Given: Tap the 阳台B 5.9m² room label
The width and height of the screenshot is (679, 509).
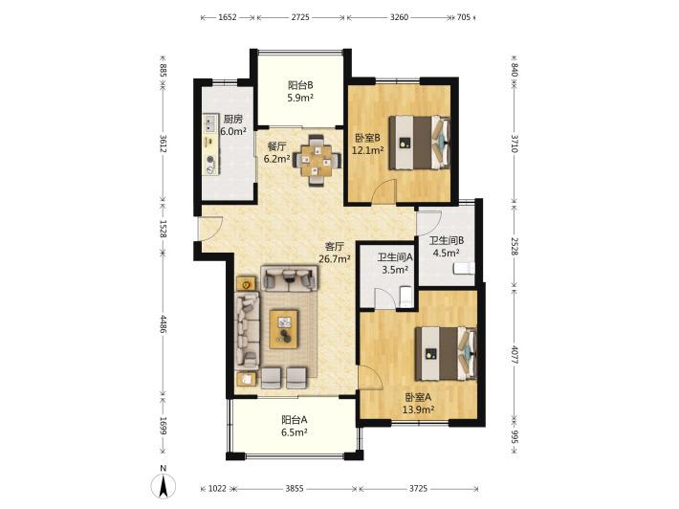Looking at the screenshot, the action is coord(300,92).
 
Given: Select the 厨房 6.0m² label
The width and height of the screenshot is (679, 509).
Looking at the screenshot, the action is coord(233,124).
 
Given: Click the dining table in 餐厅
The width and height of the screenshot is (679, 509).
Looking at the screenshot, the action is coord(318,161).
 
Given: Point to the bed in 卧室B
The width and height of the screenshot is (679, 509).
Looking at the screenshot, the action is coord(419,143).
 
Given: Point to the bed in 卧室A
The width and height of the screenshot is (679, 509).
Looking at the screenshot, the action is coord(446,353).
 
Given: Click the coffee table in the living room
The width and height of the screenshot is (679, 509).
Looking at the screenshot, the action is coord(284,329).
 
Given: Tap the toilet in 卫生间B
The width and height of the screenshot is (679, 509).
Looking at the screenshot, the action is coord(464,269).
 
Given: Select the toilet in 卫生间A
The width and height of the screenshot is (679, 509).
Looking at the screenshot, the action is coord(405,296).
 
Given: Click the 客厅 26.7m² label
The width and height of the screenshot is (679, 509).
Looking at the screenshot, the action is coord(335,253).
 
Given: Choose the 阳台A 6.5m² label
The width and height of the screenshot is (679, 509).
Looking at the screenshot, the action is coord(295,426).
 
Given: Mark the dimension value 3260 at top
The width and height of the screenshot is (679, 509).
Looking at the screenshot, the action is coord(399,17).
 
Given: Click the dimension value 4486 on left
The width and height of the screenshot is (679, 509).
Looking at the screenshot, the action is coord(163,323).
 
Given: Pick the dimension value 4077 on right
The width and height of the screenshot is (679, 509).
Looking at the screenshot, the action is coord(514,354).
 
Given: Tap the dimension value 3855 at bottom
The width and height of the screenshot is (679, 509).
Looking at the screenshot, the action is coord(294,489).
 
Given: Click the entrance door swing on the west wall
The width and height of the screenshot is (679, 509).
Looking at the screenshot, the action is coord(211,228).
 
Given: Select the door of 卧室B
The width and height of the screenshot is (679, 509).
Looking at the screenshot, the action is coord(385,190).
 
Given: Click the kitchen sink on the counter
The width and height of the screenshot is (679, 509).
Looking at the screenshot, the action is coord(210,122).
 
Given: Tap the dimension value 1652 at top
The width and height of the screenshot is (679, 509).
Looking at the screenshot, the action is coord(228,17).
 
